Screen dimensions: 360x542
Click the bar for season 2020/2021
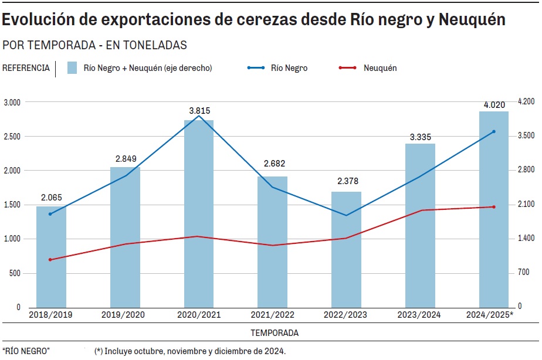tap(199, 214)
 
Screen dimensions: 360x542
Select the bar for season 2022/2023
tap(346, 249)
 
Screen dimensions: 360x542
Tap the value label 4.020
tap(494, 105)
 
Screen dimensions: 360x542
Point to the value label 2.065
tap(51, 198)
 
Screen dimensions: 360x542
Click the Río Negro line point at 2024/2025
tap(494, 131)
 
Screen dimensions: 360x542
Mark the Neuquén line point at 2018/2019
tap(50, 260)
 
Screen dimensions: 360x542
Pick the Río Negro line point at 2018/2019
tap(50, 214)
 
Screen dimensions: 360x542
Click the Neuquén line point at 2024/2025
tap(494, 207)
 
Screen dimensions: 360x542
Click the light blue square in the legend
tap(73, 68)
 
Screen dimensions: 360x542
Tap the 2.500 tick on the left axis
tap(12, 137)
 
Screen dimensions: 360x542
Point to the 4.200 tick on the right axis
tap(525, 102)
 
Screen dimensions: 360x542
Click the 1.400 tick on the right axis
tap(525, 239)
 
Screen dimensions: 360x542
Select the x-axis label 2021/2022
tap(272, 315)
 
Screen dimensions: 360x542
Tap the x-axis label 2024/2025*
tap(489, 315)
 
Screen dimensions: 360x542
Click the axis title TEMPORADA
tap(275, 333)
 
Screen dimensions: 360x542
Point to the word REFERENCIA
tap(26, 68)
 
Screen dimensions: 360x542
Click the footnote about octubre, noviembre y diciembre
tap(190, 351)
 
